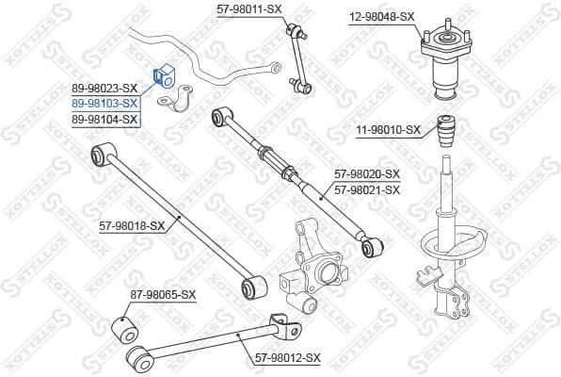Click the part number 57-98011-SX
pyautogui.click(x=249, y=8)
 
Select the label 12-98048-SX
pyautogui.click(x=381, y=17)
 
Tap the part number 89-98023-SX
pyautogui.click(x=105, y=89)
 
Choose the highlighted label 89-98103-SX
pyautogui.click(x=105, y=103)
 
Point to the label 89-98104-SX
pyautogui.click(x=105, y=118)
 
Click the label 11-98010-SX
pyautogui.click(x=388, y=130)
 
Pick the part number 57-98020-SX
pyautogui.click(x=367, y=174)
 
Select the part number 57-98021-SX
pyautogui.click(x=367, y=189)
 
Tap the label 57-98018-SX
pyautogui.click(x=132, y=225)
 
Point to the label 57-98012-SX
pyautogui.click(x=288, y=357)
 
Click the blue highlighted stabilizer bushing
pyautogui.click(x=160, y=75)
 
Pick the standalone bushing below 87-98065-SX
pyautogui.click(x=124, y=330)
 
